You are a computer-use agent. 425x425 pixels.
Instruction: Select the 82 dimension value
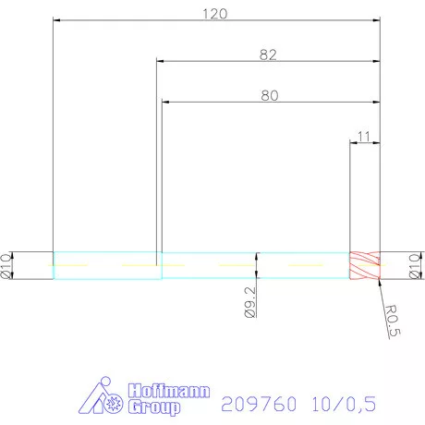[x=269, y=55]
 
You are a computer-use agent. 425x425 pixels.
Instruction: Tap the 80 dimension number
[x=271, y=95]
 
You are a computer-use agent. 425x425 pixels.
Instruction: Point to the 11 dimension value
[x=364, y=137]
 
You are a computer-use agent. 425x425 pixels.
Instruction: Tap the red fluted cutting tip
[x=365, y=265]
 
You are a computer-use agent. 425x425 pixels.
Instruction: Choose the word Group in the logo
[x=153, y=407]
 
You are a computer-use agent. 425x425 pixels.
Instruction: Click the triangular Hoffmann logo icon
[x=104, y=398]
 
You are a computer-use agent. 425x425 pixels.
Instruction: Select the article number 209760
[x=252, y=404]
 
